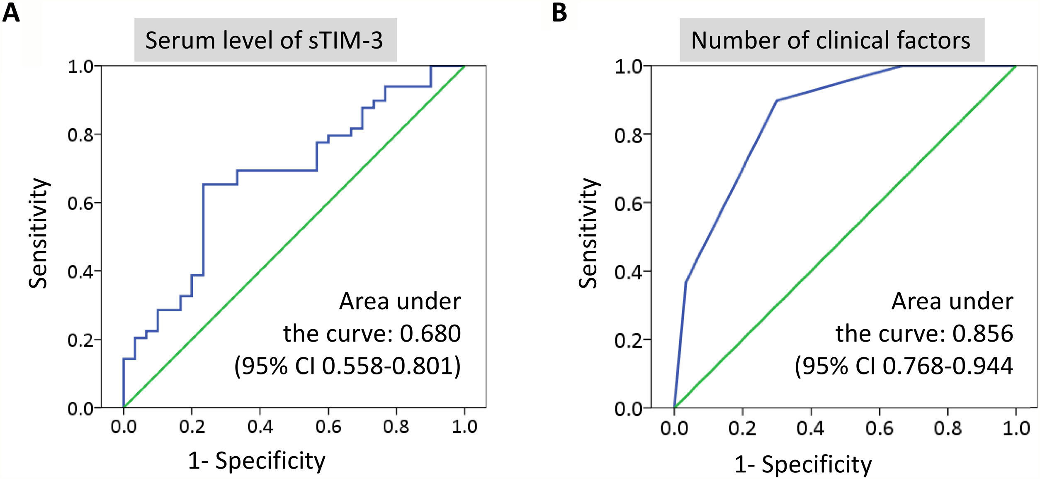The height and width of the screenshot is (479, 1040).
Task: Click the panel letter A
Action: point(11,13)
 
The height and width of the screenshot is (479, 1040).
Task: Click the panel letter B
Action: point(559,13)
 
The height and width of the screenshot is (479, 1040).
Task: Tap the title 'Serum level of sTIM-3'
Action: point(265,40)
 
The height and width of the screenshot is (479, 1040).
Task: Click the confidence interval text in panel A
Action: point(347,366)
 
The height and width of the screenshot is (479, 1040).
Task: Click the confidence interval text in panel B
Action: point(904,366)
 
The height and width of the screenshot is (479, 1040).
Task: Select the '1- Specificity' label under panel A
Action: point(257,461)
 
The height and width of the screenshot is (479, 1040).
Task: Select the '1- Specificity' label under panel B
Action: point(803,464)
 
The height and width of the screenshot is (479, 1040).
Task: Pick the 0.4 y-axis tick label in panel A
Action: point(80,272)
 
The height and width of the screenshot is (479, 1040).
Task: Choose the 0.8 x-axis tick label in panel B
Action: point(947,428)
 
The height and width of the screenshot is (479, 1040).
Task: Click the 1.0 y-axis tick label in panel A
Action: point(80,66)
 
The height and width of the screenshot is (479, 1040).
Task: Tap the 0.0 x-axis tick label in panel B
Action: point(674,428)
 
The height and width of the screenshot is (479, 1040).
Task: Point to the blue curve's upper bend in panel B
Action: point(776,100)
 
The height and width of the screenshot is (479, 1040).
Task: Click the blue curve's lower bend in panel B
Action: point(685,282)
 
